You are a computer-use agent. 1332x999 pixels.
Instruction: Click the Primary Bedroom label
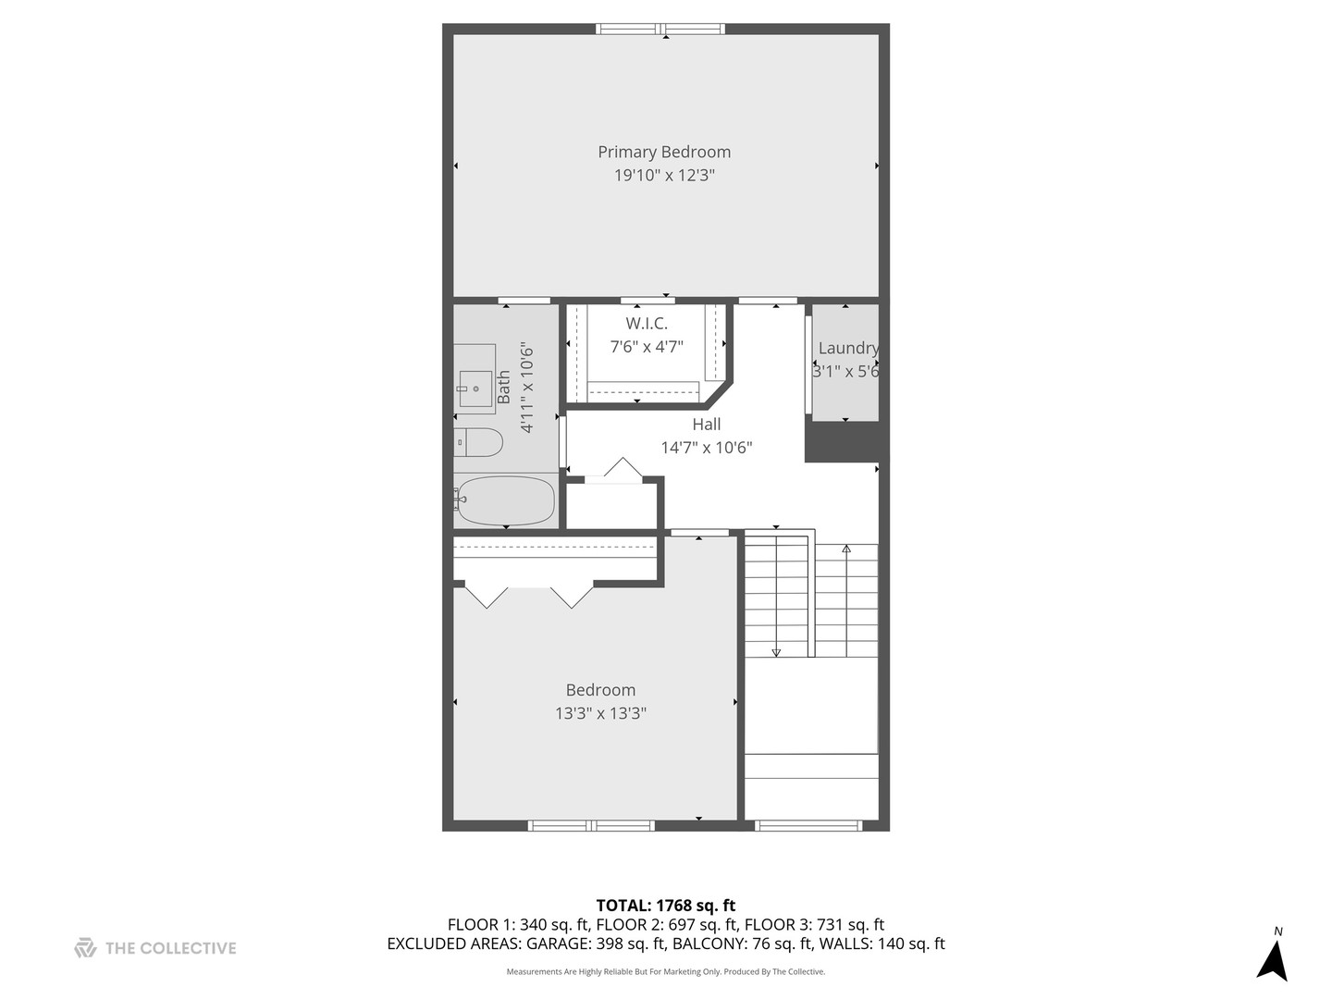pyautogui.click(x=664, y=152)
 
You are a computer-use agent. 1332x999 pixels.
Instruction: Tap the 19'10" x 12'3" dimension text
pyautogui.click(x=664, y=176)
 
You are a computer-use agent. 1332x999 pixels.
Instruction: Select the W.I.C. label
pyautogui.click(x=647, y=323)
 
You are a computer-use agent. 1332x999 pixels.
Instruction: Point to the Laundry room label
pyautogui.click(x=847, y=348)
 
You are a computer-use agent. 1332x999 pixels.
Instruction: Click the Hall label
pyautogui.click(x=706, y=425)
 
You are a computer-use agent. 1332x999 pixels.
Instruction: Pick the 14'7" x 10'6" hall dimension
pyautogui.click(x=706, y=448)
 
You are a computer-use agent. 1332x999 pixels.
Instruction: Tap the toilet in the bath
pyautogui.click(x=478, y=442)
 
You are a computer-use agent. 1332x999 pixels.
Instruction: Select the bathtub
pyautogui.click(x=505, y=500)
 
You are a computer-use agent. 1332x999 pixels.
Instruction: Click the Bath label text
pyautogui.click(x=504, y=388)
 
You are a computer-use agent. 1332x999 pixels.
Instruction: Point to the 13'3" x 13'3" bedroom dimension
pyautogui.click(x=600, y=713)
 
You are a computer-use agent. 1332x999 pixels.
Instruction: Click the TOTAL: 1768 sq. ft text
pyautogui.click(x=665, y=906)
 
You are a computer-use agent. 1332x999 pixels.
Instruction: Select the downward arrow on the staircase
pyautogui.click(x=776, y=651)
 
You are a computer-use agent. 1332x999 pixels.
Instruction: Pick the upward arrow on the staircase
pyautogui.click(x=846, y=549)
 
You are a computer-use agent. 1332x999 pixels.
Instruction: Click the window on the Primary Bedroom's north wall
pyautogui.click(x=660, y=29)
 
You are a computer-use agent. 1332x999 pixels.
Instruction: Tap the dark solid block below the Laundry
pyautogui.click(x=841, y=443)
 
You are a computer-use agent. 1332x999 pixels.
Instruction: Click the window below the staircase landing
pyautogui.click(x=809, y=825)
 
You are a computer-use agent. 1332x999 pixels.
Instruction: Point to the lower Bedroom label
pyautogui.click(x=600, y=690)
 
